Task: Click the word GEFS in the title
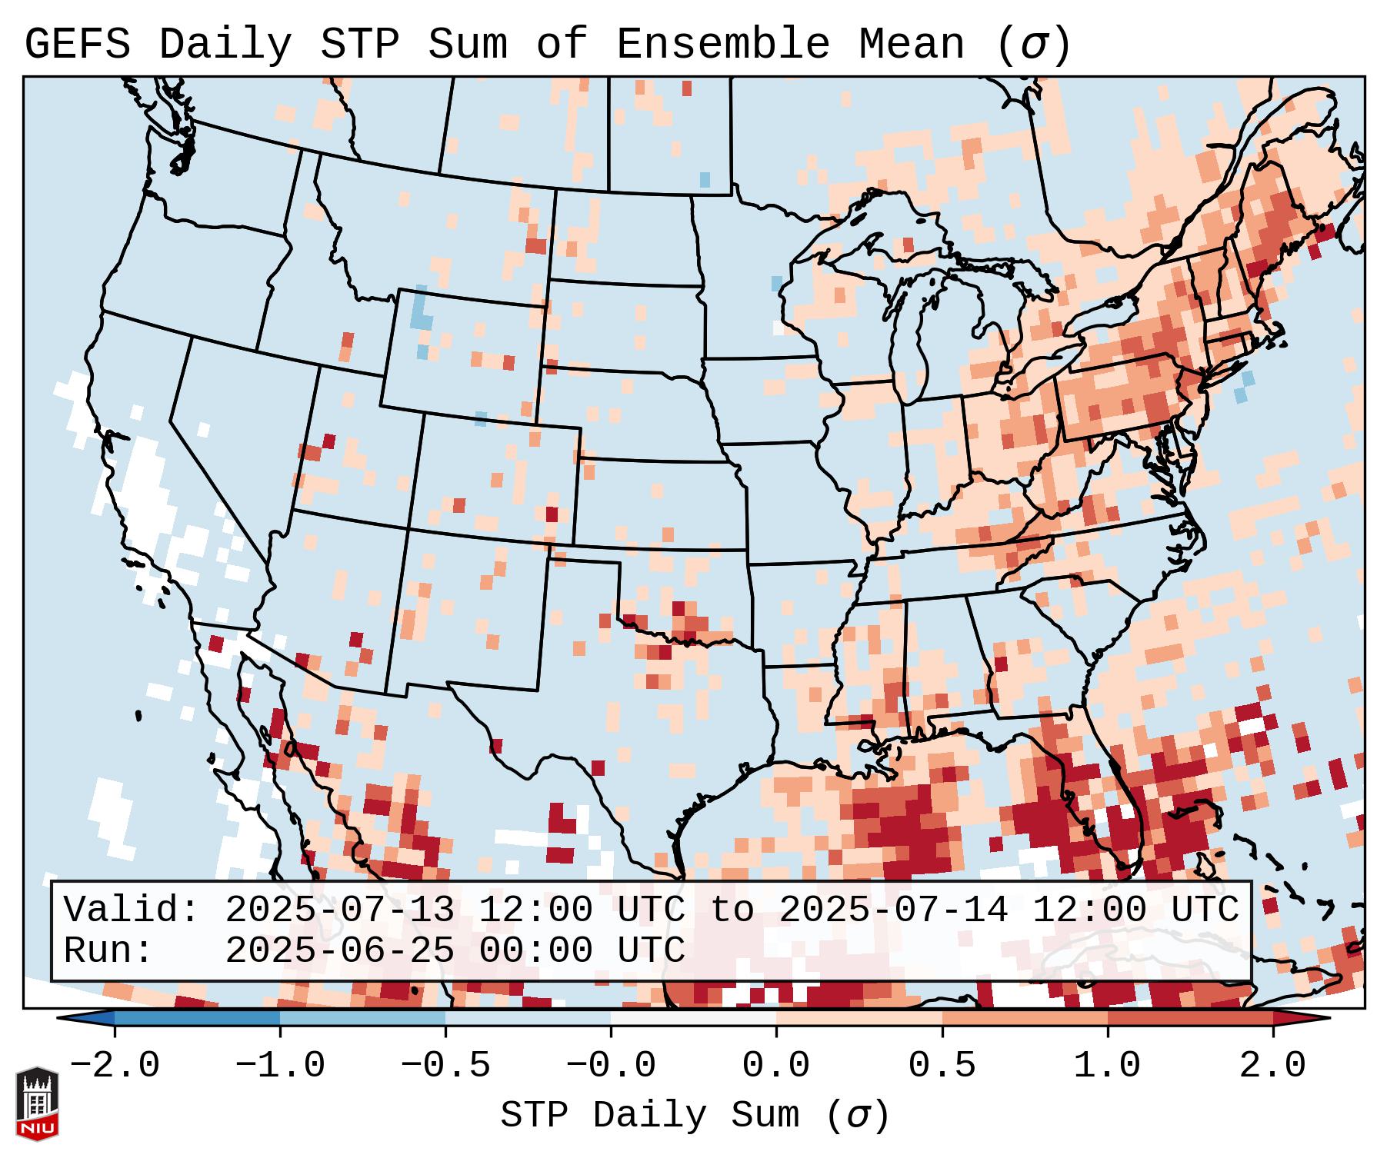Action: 77,45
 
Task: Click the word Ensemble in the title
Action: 722,45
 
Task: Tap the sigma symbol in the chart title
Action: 1033,46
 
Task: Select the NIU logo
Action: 37,1103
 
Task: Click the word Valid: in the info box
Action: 132,910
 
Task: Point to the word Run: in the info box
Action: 108,950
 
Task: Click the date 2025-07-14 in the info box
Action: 893,910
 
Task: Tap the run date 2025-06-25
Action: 339,950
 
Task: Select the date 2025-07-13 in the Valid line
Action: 339,910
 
